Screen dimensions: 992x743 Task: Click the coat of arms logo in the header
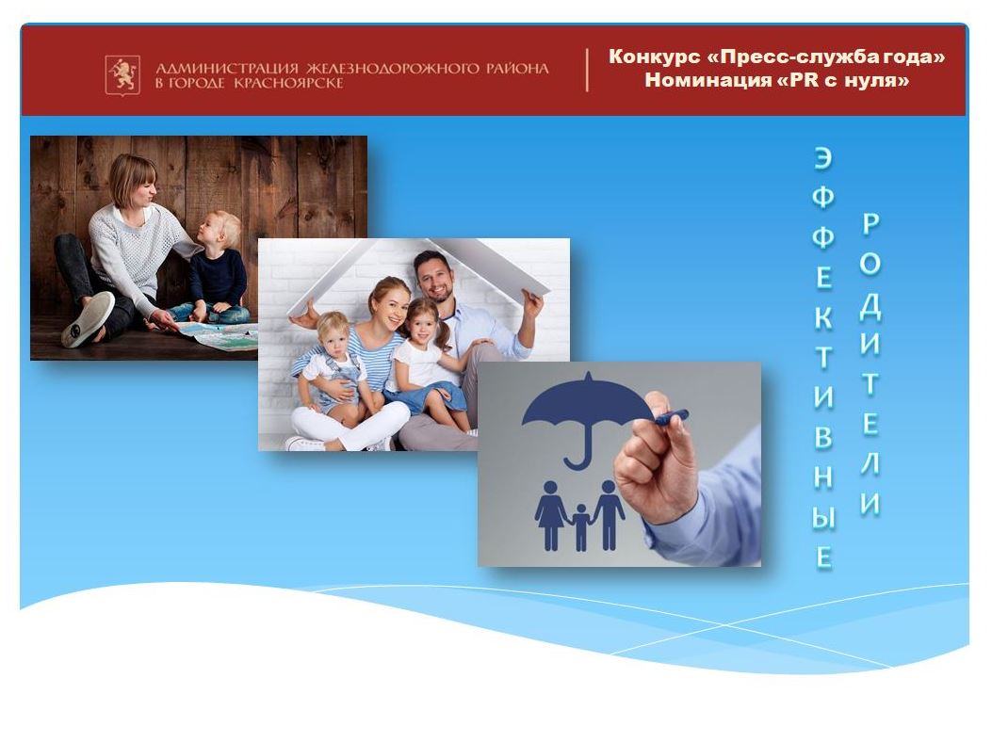pyautogui.click(x=122, y=75)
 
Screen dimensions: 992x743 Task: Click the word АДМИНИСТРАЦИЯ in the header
pyautogui.click(x=226, y=69)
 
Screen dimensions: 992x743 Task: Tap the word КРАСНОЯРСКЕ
pyautogui.click(x=288, y=83)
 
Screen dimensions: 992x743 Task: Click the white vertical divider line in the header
pyautogui.click(x=587, y=71)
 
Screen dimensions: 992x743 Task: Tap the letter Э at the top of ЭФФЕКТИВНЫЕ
pyautogui.click(x=822, y=158)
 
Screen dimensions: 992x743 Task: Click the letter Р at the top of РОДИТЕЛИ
pyautogui.click(x=870, y=224)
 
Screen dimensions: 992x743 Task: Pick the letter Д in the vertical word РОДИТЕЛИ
pyautogui.click(x=870, y=305)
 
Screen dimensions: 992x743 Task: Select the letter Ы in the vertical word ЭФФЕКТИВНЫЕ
pyautogui.click(x=823, y=518)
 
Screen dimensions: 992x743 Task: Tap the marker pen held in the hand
pyautogui.click(x=672, y=417)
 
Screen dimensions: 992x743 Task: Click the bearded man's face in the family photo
pyautogui.click(x=433, y=278)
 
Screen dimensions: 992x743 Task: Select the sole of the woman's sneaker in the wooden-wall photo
pyautogui.click(x=88, y=319)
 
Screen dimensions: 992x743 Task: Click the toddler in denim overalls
pyautogui.click(x=333, y=366)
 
